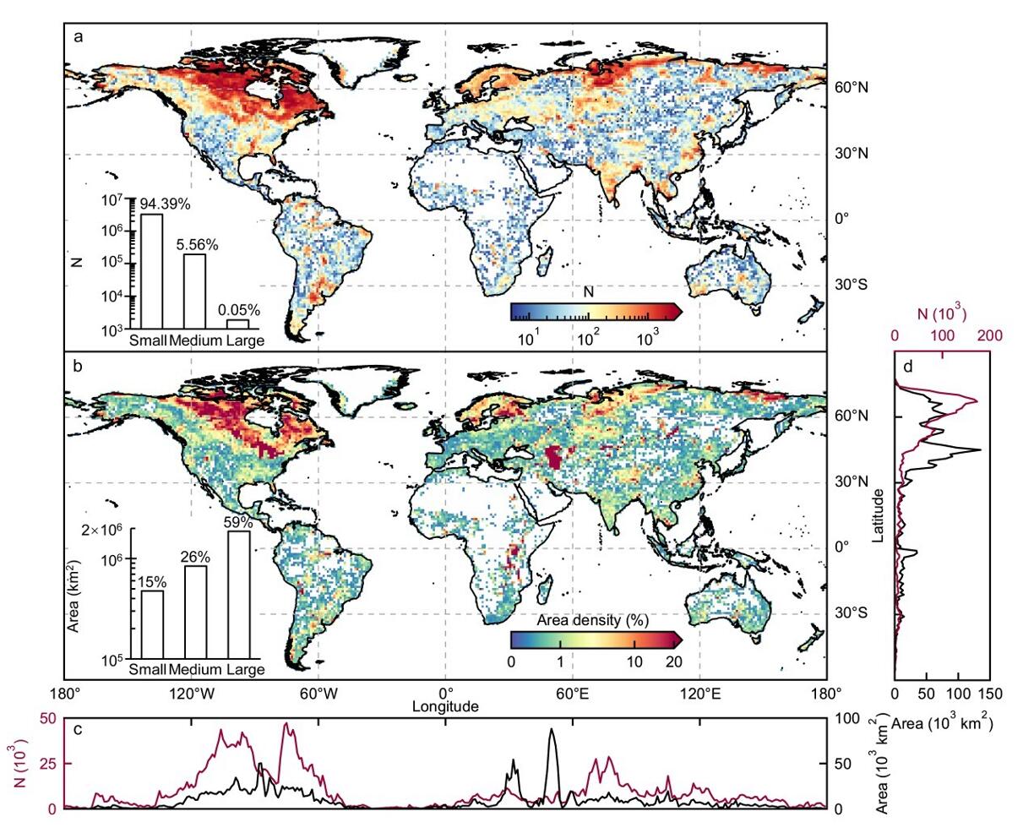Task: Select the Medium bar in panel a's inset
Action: point(195,290)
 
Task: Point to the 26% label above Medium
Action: point(195,557)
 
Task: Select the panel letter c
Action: point(77,730)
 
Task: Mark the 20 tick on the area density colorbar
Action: point(673,661)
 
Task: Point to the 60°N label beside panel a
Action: point(852,88)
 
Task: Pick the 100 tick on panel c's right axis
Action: point(846,719)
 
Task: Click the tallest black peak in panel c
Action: point(552,729)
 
